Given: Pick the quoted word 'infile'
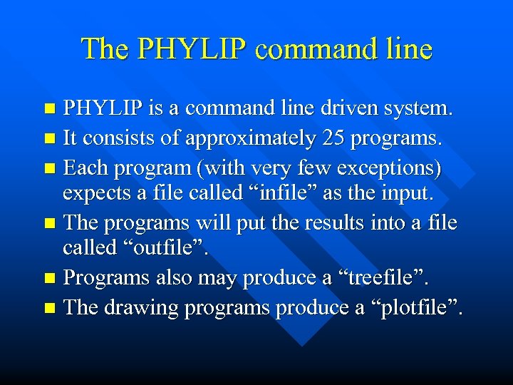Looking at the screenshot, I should click(252, 193).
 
